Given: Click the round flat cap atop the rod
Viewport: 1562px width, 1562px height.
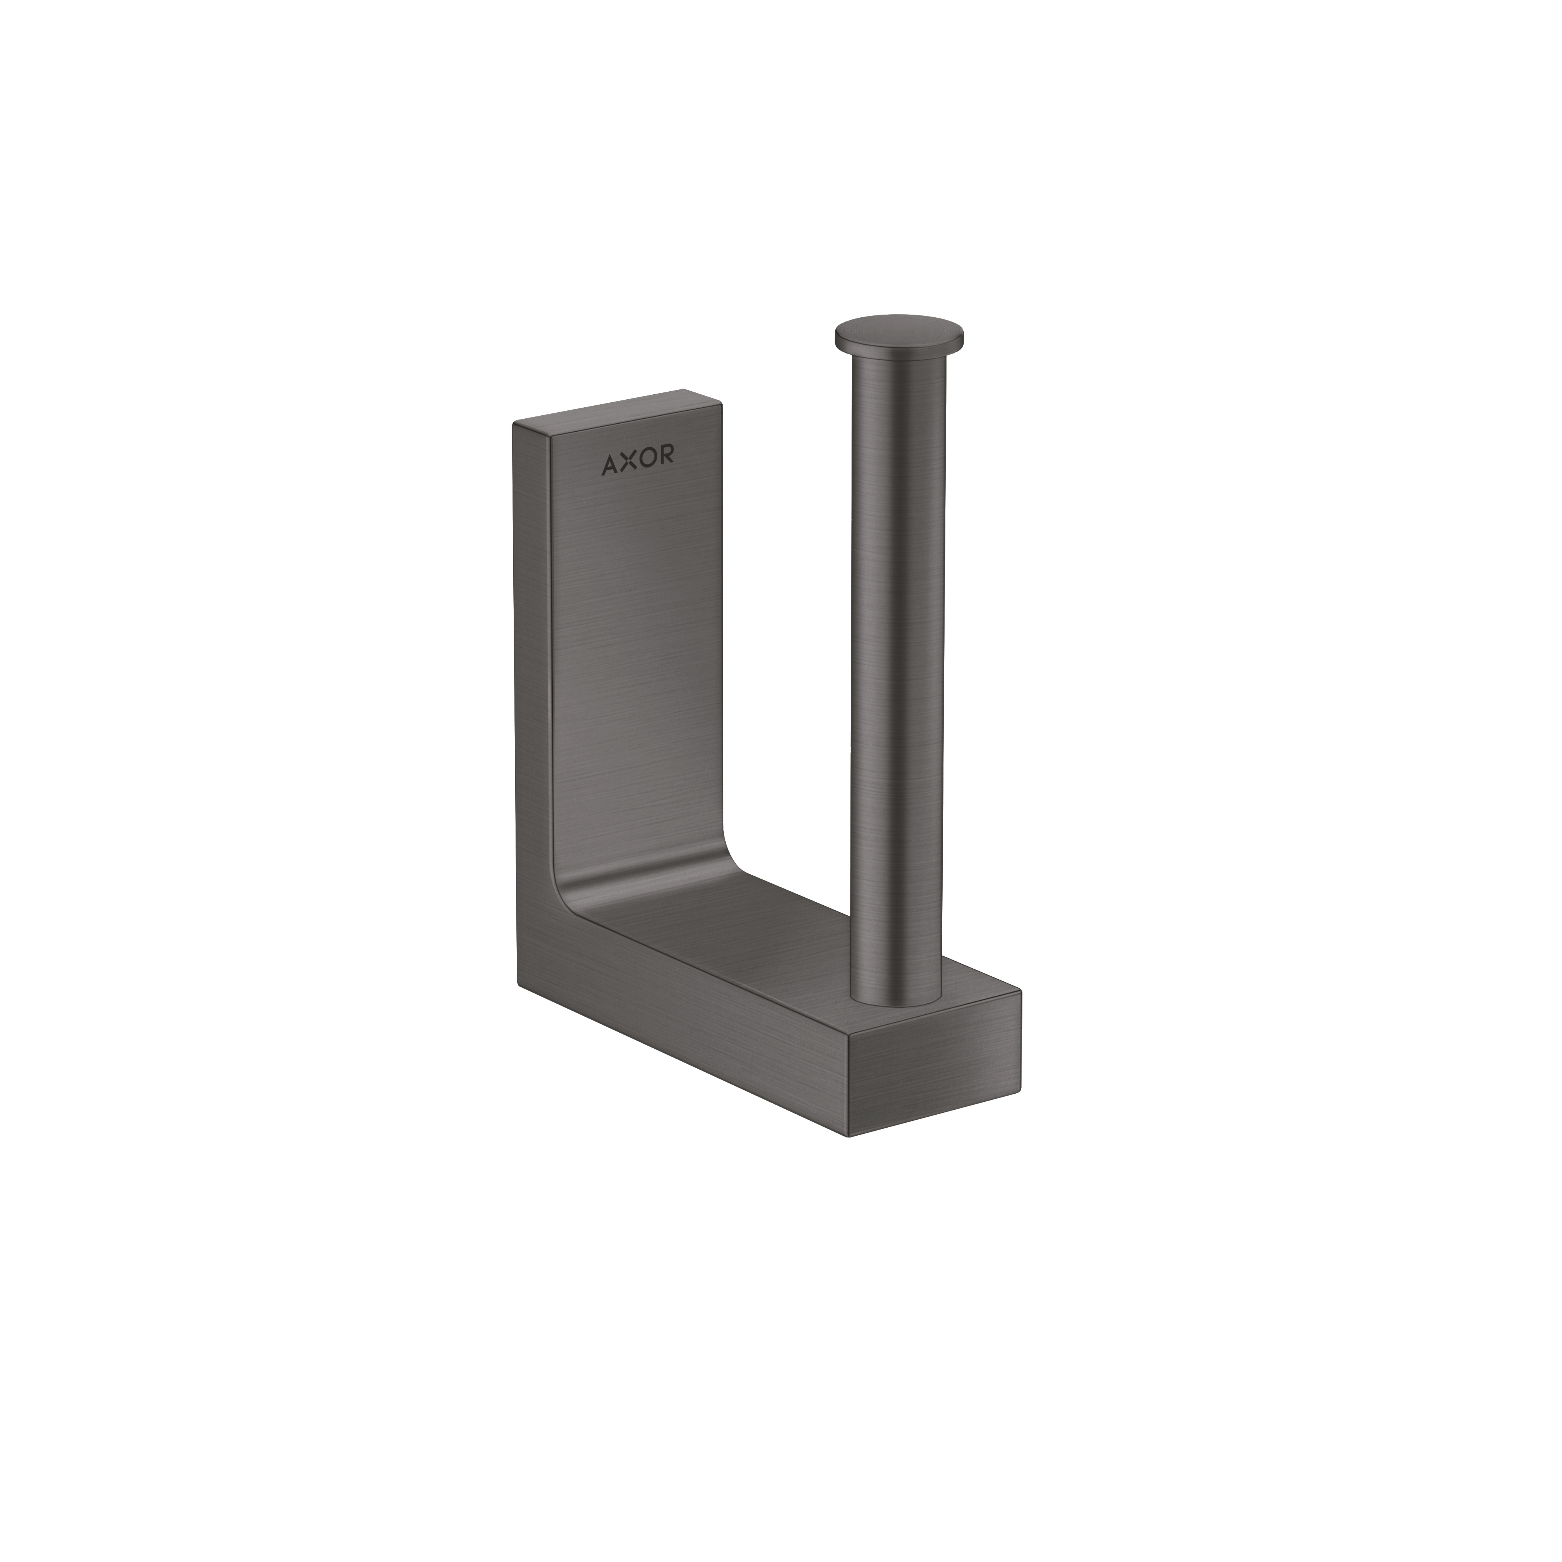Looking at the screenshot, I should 899,333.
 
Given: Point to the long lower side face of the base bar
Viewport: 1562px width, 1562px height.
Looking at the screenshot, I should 679,1043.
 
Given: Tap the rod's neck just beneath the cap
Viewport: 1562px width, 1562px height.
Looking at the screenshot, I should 897,364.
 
